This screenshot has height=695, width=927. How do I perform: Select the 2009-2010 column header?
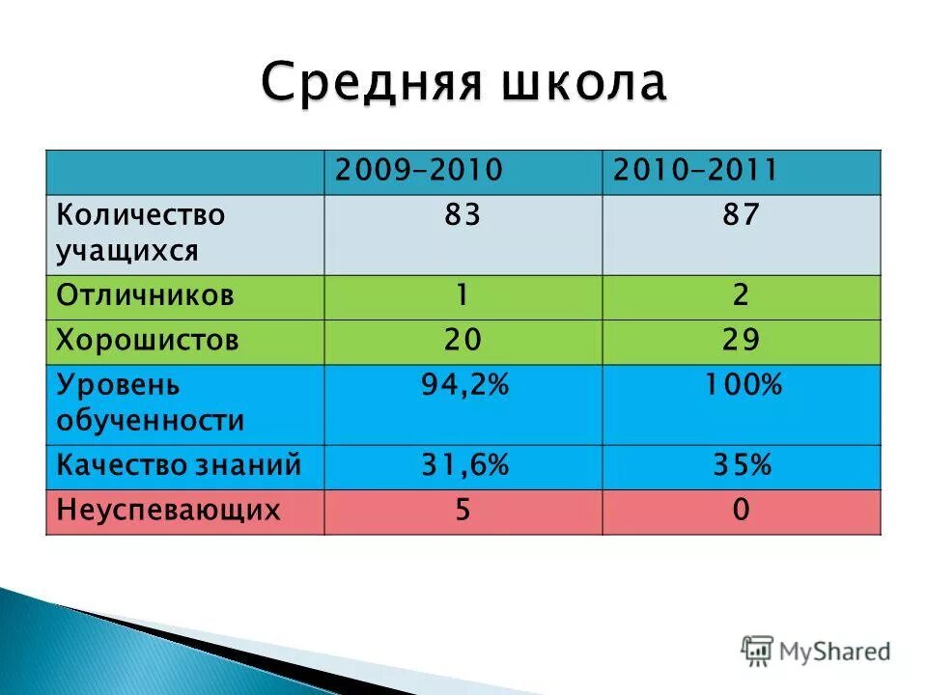click(419, 171)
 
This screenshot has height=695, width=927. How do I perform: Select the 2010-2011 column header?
click(695, 171)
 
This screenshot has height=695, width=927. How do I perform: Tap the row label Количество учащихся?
click(141, 233)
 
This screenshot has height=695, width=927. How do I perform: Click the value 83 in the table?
click(463, 214)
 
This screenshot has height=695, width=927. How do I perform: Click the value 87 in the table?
click(741, 214)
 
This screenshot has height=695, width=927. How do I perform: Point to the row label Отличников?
click(145, 295)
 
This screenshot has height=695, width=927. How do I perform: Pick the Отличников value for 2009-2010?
click(463, 295)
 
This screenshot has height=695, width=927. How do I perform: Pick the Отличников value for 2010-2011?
click(741, 295)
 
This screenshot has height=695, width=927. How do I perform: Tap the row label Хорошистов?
click(148, 341)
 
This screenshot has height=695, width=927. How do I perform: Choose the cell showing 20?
click(463, 341)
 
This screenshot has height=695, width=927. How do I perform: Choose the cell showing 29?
click(741, 341)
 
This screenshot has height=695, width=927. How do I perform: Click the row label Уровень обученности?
click(150, 403)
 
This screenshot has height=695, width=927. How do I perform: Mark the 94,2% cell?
click(463, 385)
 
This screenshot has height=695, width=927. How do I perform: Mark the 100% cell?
click(741, 385)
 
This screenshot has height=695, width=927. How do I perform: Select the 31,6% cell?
click(463, 466)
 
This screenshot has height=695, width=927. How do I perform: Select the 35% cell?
click(741, 466)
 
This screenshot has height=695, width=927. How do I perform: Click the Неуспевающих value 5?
click(463, 510)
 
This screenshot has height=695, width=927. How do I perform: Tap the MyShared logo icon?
click(757, 650)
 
